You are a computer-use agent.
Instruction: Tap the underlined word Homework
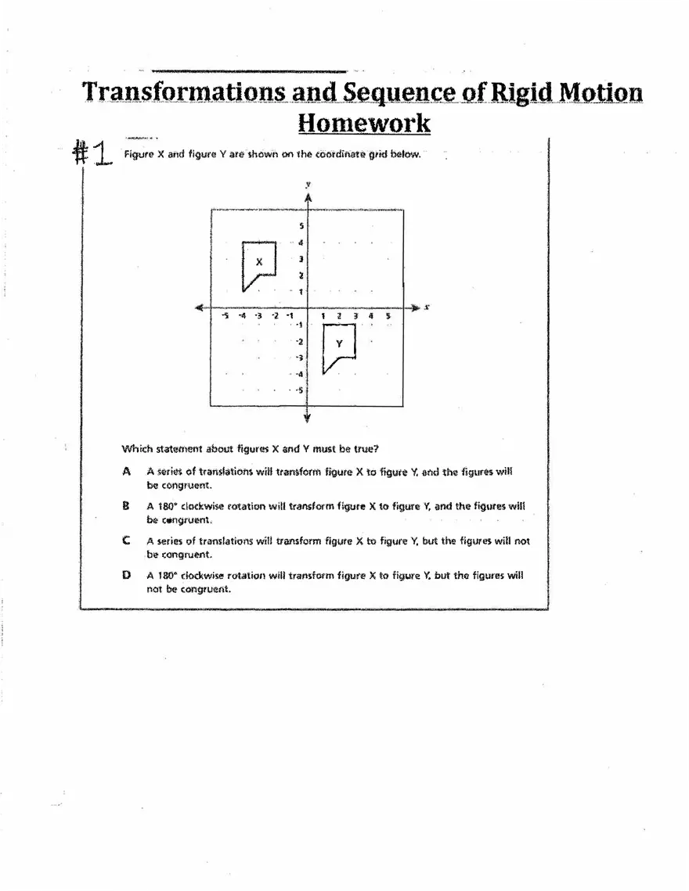pyautogui.click(x=364, y=123)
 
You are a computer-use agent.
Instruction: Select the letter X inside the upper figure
pyautogui.click(x=259, y=262)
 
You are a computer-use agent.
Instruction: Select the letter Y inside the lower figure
pyautogui.click(x=339, y=343)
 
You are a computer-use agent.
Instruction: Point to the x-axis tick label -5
pyautogui.click(x=225, y=316)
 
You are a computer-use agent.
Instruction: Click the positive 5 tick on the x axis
pyautogui.click(x=388, y=316)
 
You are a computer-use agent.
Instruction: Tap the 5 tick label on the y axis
pyautogui.click(x=301, y=226)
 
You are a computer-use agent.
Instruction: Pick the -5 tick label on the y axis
pyautogui.click(x=300, y=389)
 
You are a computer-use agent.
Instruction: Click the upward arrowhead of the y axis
pyautogui.click(x=308, y=197)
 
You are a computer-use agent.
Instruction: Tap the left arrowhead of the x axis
pyautogui.click(x=200, y=307)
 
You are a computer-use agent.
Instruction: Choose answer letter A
pyautogui.click(x=126, y=472)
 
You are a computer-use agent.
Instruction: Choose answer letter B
pyautogui.click(x=126, y=506)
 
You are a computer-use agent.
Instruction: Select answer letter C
pyautogui.click(x=126, y=541)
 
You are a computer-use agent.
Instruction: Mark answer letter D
pyautogui.click(x=126, y=575)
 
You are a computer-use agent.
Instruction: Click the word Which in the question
pyautogui.click(x=135, y=449)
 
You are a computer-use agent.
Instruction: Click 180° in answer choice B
pyautogui.click(x=167, y=506)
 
